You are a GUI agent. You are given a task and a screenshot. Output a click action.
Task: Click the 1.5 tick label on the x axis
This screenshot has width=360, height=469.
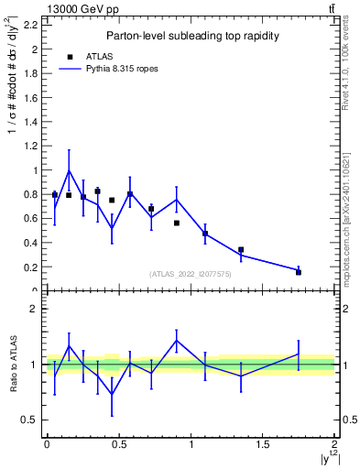(x=263, y=444)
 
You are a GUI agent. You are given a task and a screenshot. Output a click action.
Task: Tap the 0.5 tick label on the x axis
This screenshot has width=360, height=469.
(x=118, y=444)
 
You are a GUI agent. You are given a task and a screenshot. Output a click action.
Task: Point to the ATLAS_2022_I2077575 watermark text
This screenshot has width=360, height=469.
(x=190, y=274)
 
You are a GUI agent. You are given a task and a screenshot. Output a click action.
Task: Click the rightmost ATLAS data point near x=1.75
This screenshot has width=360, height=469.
(x=299, y=272)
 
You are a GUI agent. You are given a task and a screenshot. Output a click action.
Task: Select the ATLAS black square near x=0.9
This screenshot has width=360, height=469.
(x=177, y=223)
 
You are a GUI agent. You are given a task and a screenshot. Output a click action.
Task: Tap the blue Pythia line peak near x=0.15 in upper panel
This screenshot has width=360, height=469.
(x=69, y=170)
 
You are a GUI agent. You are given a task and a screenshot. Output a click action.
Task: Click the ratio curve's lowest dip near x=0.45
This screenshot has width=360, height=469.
(x=112, y=394)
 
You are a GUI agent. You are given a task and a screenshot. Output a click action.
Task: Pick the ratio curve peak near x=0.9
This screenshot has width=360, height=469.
(x=177, y=340)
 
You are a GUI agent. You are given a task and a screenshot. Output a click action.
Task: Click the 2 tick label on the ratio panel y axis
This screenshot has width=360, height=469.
(x=33, y=309)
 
